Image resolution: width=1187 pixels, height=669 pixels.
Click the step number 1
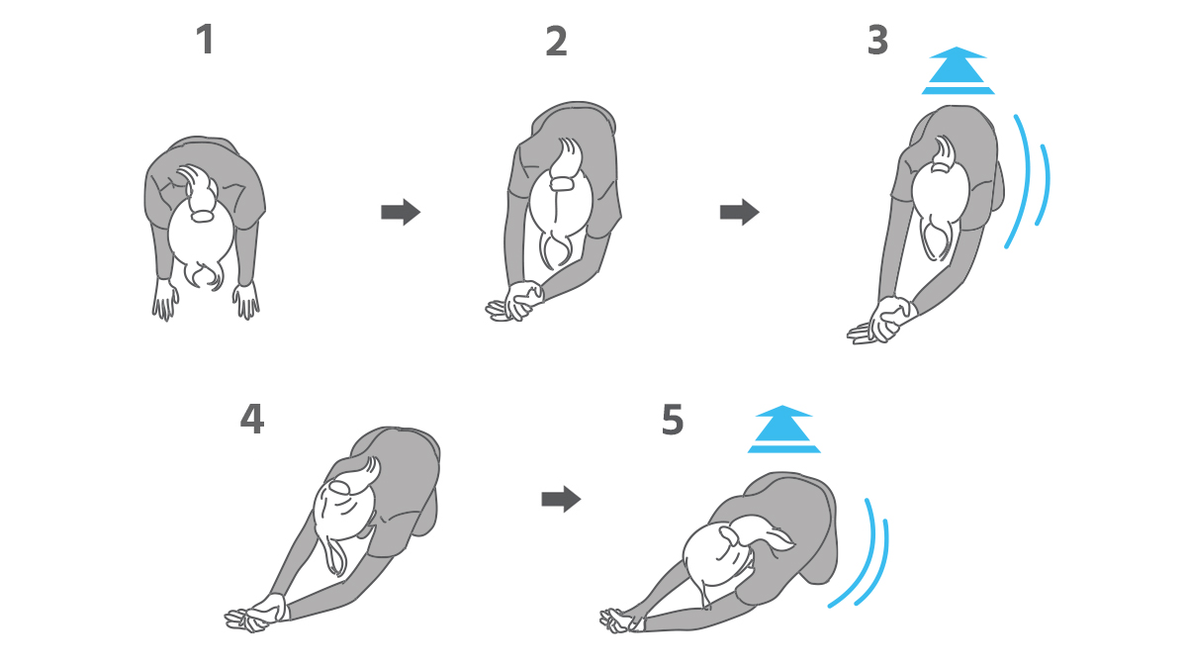[205, 40]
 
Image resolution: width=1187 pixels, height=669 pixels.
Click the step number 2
[556, 42]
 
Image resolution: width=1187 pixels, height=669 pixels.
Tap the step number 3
[877, 41]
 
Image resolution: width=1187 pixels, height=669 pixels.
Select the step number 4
[251, 419]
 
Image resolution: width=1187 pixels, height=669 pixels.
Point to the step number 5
[673, 420]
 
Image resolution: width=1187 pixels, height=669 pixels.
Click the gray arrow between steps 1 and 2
[401, 212]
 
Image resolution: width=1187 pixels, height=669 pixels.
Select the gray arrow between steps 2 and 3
[739, 212]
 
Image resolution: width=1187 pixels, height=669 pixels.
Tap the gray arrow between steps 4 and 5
[561, 499]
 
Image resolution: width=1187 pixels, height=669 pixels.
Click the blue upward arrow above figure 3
[959, 70]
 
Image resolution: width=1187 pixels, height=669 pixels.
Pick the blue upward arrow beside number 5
[783, 430]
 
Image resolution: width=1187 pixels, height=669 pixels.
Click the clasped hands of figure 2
[516, 302]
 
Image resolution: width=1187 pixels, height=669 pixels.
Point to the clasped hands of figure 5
[619, 621]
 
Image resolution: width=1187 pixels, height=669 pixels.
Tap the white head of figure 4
[343, 508]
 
